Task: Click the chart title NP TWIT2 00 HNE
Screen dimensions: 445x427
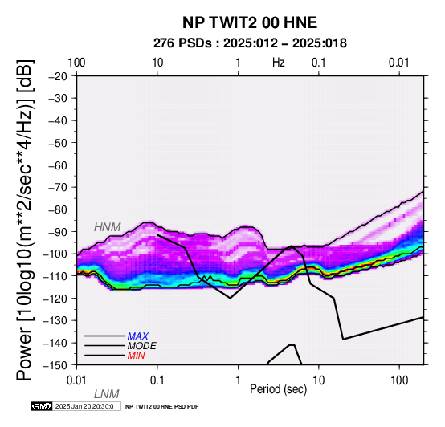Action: tap(250, 22)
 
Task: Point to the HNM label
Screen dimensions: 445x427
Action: tap(108, 227)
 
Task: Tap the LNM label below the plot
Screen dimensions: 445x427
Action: tap(106, 394)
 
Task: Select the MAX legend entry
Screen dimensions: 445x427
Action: tap(137, 336)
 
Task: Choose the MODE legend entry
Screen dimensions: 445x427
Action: tap(141, 346)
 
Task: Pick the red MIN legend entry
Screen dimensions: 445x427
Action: tap(136, 356)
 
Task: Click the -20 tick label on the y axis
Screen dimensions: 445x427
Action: tap(58, 76)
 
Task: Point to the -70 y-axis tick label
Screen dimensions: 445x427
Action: tap(58, 187)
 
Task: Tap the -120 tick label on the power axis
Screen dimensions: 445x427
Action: tap(55, 299)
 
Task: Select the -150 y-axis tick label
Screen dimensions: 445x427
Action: tap(55, 365)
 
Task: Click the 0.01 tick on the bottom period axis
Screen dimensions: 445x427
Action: tap(76, 380)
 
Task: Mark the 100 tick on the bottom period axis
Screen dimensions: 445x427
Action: tap(399, 380)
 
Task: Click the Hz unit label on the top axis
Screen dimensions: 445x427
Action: tap(279, 63)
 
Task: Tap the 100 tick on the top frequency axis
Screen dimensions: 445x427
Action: tap(76, 63)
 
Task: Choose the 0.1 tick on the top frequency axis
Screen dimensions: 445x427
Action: tap(319, 63)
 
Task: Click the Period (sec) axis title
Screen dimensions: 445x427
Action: tap(279, 389)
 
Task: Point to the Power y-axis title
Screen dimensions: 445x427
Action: tap(25, 220)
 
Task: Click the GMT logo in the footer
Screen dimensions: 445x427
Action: tap(42, 406)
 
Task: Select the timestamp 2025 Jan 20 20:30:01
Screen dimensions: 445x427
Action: tap(86, 406)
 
